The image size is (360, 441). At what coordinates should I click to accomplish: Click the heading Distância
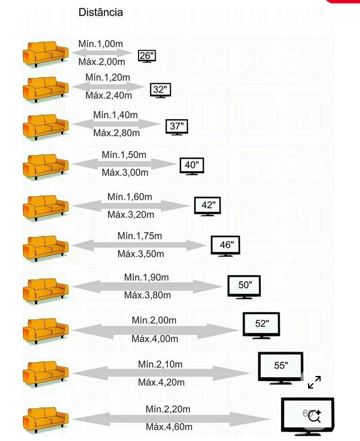point(100,12)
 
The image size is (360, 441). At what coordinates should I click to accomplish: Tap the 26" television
point(147,56)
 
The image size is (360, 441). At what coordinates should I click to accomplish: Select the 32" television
point(160,90)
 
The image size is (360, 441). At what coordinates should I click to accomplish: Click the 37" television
point(176,127)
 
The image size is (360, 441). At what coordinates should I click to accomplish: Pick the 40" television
point(192,166)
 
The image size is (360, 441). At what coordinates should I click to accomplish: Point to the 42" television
point(207,206)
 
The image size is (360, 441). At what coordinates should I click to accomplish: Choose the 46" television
point(226,246)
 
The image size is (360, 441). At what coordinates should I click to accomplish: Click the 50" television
point(244,286)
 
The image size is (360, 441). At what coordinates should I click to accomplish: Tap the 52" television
point(261,325)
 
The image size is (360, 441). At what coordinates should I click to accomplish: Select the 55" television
point(280,367)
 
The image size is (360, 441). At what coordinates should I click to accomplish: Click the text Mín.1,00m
point(100,44)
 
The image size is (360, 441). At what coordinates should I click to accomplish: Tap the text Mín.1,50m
point(124,155)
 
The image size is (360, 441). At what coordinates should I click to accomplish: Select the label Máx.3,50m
point(140,254)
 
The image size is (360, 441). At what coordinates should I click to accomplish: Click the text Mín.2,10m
point(160,364)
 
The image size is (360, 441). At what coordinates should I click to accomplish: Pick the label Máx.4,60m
point(169,427)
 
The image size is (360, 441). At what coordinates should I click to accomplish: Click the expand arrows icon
point(314,382)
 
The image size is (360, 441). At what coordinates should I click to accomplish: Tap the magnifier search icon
point(314,416)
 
